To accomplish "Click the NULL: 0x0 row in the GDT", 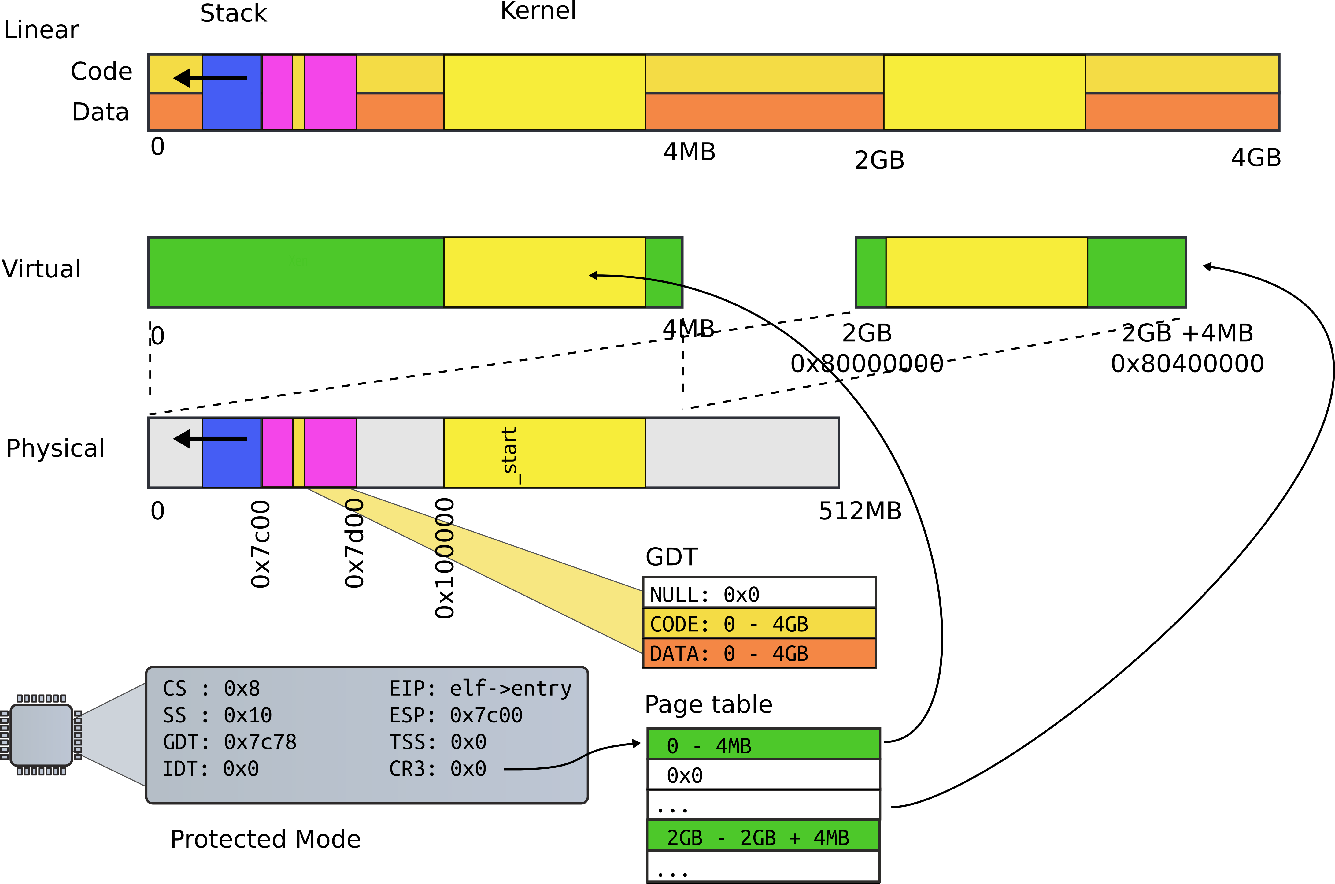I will pos(759,594).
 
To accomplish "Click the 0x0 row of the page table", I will pos(763,775).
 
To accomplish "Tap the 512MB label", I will pos(860,511).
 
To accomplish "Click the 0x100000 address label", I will pos(445,558).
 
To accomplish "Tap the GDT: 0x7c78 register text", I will pos(229,742).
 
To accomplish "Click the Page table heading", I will pos(708,704).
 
